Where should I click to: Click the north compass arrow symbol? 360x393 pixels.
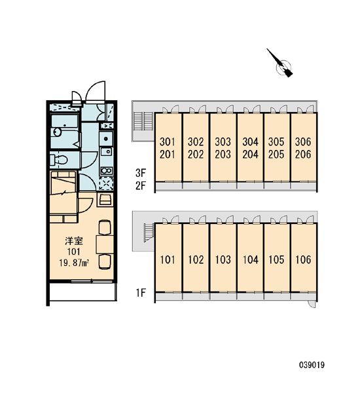pos(281,64)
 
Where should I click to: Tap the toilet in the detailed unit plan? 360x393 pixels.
pos(59,160)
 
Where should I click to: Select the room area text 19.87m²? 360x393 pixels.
pos(75,263)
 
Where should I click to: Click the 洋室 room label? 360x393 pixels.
pos(74,241)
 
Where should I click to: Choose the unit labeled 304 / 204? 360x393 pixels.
pos(250,147)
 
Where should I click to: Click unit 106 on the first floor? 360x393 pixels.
pos(304,258)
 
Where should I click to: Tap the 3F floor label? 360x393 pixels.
pos(141,173)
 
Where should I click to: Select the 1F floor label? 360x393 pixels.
pos(141,293)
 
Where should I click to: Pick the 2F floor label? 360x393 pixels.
pos(141,186)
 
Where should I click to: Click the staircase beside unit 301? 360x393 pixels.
pos(143,121)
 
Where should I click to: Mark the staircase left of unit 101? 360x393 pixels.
pos(149,233)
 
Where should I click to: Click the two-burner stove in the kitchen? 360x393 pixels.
pos(107,171)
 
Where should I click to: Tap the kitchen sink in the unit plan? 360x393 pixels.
pos(106,152)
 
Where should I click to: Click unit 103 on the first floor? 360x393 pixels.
pos(223,258)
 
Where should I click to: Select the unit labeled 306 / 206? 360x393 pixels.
pos(304,147)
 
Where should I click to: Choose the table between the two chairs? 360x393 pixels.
pos(105,244)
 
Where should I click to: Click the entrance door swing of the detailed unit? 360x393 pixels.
pos(95,91)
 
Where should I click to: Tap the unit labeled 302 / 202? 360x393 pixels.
pos(196,147)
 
